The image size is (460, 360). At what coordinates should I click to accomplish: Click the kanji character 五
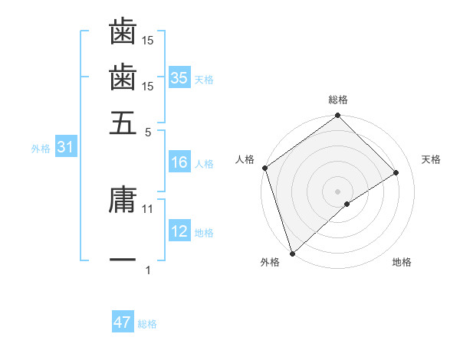123,123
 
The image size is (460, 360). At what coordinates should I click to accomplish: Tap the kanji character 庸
123,200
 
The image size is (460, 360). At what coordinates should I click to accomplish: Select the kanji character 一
123,261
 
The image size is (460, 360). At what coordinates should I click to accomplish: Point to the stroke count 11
148,208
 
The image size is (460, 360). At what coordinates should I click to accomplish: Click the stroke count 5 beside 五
148,132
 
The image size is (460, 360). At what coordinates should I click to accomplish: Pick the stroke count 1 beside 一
148,270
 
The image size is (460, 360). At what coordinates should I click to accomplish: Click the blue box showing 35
179,78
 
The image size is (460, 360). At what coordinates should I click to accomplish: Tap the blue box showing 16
179,162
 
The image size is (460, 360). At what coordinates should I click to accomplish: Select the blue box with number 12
179,231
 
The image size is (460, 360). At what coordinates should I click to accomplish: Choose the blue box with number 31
65,148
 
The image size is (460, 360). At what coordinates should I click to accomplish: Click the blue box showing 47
123,323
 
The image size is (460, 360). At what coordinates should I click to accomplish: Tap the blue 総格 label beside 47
147,324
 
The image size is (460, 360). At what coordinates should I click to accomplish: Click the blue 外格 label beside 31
41,149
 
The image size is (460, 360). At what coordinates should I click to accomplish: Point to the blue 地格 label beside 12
204,232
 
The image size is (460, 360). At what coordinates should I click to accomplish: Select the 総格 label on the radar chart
338,100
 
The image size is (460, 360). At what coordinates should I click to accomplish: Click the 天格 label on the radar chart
432,159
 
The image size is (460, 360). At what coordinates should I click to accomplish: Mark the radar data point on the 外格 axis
292,253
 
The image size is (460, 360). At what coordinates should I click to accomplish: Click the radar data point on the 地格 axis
347,204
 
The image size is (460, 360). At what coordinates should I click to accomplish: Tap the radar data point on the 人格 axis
264,168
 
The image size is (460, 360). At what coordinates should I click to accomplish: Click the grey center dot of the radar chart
338,191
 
